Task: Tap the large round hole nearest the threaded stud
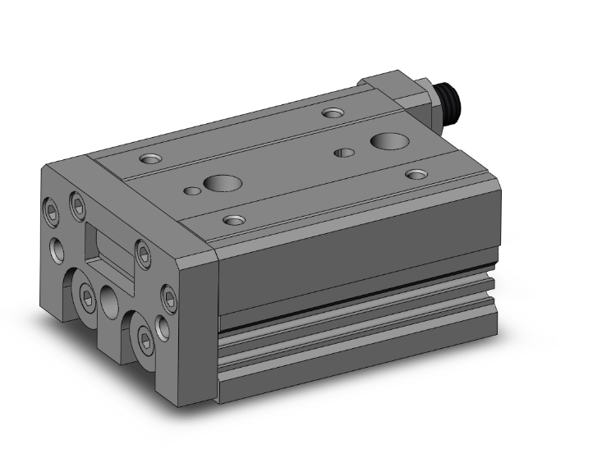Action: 387,141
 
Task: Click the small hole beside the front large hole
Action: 192,191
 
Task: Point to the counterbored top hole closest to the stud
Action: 333,112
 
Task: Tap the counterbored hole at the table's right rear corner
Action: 417,174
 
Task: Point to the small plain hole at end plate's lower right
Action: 162,329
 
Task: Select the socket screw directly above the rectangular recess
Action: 78,205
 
